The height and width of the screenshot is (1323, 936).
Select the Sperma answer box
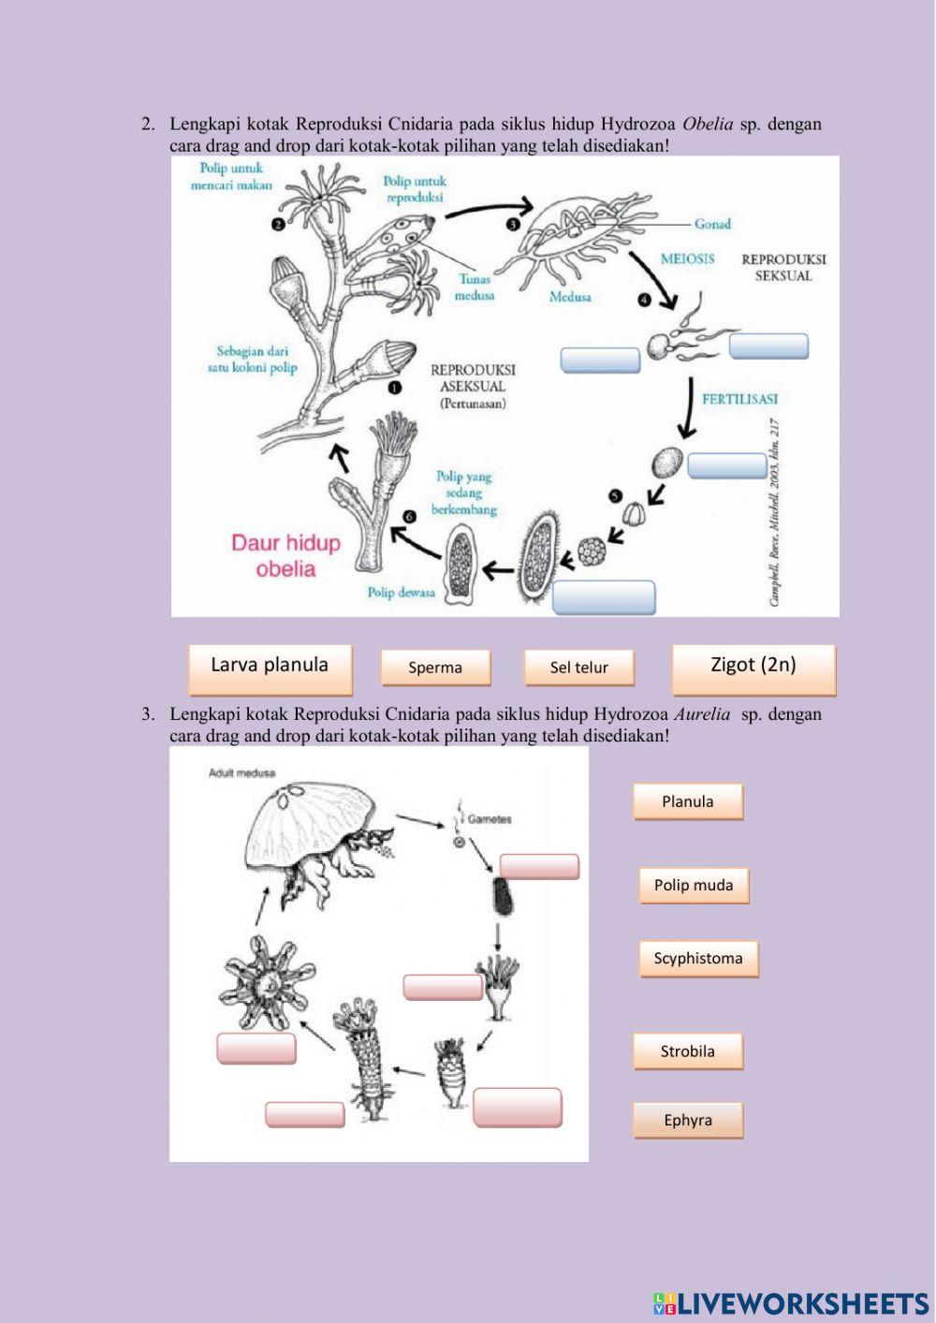pos(435,668)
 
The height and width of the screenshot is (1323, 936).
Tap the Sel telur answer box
pos(578,668)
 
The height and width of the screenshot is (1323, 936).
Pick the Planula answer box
pos(687,801)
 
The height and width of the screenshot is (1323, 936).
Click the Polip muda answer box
pos(694,885)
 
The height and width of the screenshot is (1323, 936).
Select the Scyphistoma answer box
pos(698,959)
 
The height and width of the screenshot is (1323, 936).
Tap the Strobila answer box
pos(687,1051)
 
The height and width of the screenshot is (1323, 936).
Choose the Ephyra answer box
pos(687,1121)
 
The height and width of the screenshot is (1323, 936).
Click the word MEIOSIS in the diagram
pos(687,258)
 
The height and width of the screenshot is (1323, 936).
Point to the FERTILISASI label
pos(739,399)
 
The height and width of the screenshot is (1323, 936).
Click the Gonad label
pos(712,224)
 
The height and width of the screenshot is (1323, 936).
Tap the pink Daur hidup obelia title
pos(285,555)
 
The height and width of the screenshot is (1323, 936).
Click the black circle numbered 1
pos(395,387)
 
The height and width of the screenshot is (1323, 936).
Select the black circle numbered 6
pos(408,516)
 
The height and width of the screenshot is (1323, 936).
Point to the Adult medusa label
pos(236,773)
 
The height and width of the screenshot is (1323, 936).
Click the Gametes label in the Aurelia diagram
pos(490,819)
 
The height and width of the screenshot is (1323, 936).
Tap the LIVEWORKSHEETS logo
pos(791,1303)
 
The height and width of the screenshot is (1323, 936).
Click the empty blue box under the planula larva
pos(604,597)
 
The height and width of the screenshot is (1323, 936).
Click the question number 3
pos(148,714)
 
